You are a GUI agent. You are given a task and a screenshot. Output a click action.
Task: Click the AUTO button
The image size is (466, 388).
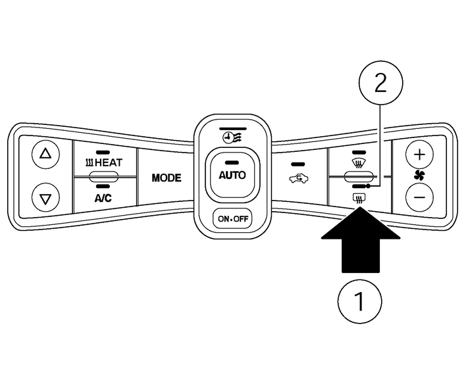click(x=232, y=175)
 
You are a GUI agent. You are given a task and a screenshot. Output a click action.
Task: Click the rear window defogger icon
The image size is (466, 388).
click(x=359, y=197)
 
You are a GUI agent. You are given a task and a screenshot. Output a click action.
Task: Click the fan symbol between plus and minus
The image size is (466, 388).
click(x=420, y=176)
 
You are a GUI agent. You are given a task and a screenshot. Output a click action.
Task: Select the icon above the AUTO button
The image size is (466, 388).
click(x=232, y=137)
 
